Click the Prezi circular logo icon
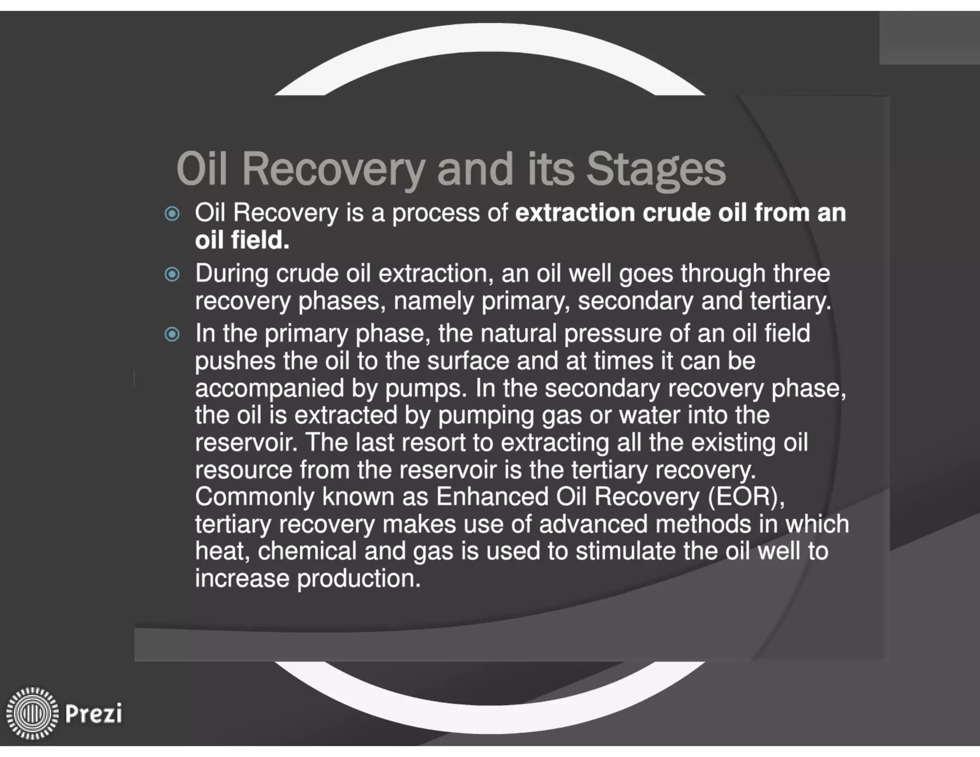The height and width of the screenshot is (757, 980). tap(32, 713)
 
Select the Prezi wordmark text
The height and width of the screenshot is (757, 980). tap(93, 713)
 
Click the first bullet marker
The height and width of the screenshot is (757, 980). tap(172, 213)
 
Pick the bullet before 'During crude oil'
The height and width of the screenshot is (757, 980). tap(172, 274)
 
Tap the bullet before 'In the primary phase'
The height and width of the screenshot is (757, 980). tap(172, 334)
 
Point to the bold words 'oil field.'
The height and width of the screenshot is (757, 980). tap(242, 240)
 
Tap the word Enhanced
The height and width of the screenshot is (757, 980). tap(492, 497)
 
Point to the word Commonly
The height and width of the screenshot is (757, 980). tap(255, 497)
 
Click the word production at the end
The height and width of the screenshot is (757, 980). tap(358, 579)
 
